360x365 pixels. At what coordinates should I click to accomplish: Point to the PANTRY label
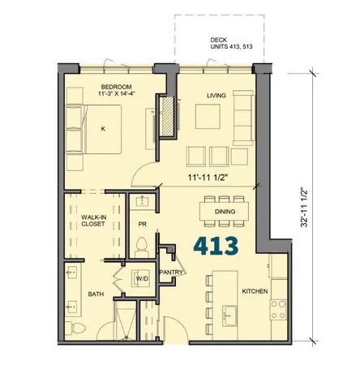coord(171,273)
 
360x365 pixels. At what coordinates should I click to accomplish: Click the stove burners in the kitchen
coord(279,308)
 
